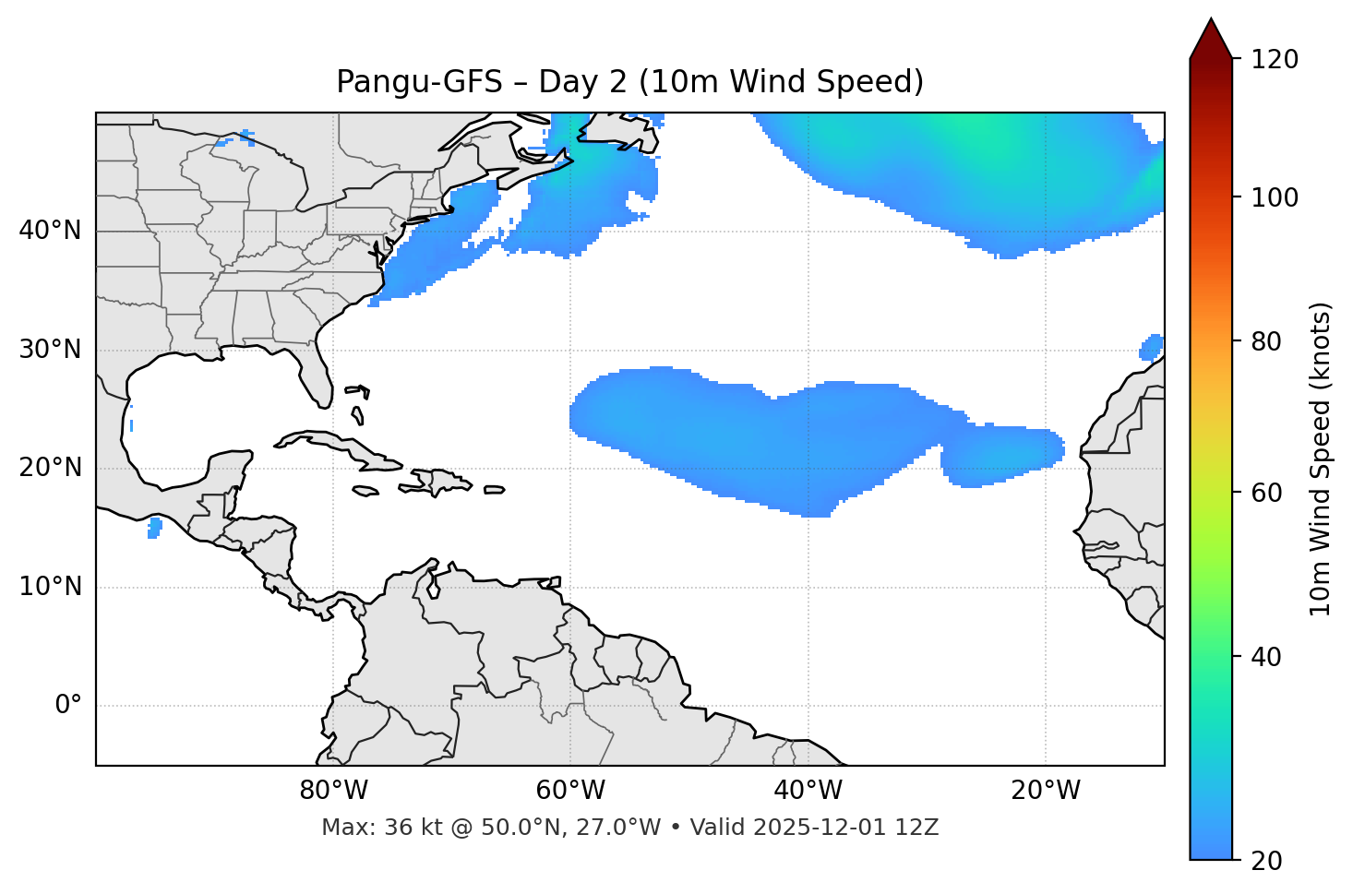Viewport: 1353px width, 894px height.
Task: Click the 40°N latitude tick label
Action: pyautogui.click(x=50, y=231)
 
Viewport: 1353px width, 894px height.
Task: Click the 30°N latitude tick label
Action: pyautogui.click(x=50, y=350)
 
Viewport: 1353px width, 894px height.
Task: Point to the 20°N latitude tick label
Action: pyautogui.click(x=50, y=468)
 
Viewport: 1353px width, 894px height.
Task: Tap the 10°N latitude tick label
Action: pyautogui.click(x=50, y=587)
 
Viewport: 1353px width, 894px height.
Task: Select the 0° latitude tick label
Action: pyautogui.click(x=67, y=706)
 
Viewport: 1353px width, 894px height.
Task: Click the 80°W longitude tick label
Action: pyautogui.click(x=333, y=791)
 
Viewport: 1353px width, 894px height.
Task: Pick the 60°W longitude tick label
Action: pyautogui.click(x=570, y=791)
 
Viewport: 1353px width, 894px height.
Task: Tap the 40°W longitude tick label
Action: pyautogui.click(x=808, y=791)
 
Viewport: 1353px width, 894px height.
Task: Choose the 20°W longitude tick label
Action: pyautogui.click(x=1045, y=791)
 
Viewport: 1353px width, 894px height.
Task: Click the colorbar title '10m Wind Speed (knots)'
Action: pyautogui.click(x=1321, y=459)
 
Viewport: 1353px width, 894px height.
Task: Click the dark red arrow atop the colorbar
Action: pyautogui.click(x=1211, y=40)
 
